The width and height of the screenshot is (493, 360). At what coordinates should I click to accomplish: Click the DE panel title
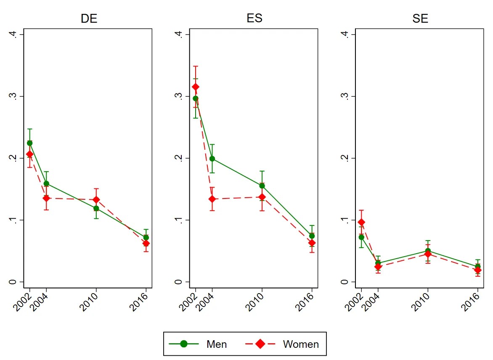89,19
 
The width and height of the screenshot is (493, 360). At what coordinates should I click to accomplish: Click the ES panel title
255,19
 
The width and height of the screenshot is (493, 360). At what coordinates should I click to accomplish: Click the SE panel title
420,19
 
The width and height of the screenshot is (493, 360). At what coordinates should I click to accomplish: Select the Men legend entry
198,344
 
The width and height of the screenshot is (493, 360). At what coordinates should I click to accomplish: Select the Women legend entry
281,344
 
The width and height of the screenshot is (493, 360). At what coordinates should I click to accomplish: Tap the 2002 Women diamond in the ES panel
195,87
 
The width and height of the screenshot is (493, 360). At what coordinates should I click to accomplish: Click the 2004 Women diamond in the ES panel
212,199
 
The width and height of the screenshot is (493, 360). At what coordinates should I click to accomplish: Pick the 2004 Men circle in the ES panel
212,159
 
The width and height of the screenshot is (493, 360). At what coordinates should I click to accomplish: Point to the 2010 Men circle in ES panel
262,186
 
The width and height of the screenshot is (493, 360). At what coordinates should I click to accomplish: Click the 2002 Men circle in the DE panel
29,143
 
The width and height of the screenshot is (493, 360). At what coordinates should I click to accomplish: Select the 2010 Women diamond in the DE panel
96,200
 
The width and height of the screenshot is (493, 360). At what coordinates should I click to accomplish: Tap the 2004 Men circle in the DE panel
46,184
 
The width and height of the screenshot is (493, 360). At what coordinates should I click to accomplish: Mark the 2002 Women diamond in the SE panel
361,222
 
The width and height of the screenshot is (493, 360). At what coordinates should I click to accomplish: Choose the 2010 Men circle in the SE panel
428,251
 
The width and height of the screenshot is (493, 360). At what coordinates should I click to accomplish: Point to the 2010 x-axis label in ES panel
257,302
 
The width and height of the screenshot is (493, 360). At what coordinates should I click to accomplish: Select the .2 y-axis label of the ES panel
181,158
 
